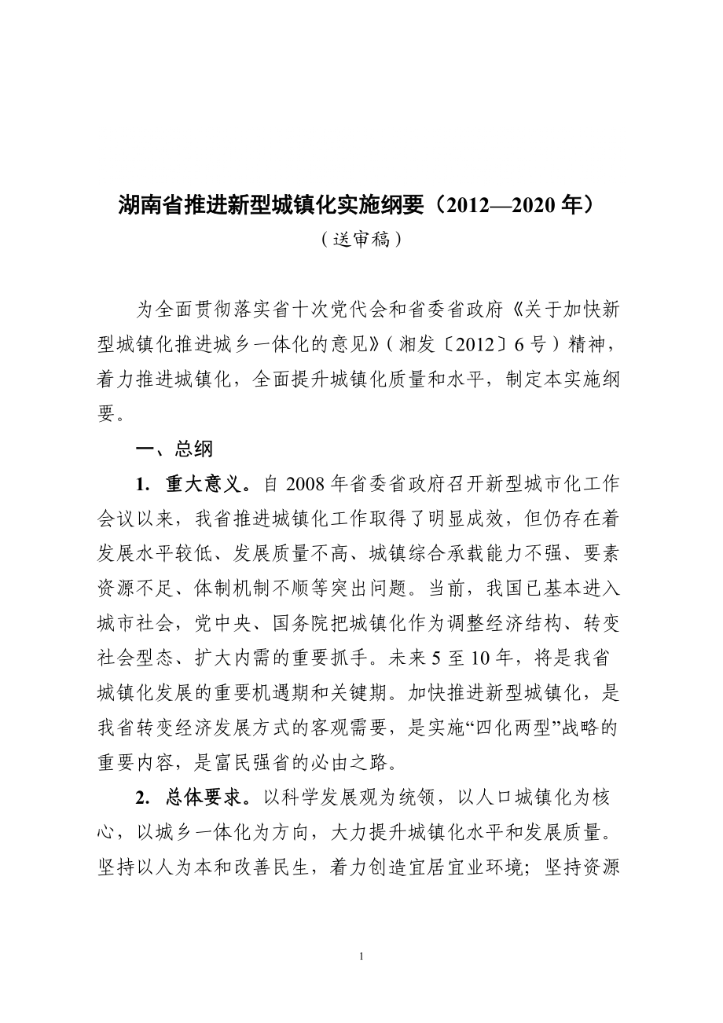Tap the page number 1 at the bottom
tap(361, 956)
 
